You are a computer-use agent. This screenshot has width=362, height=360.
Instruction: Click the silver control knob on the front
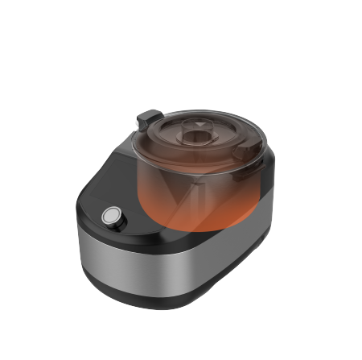coord(112,217)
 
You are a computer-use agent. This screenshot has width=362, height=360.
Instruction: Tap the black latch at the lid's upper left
coord(146,118)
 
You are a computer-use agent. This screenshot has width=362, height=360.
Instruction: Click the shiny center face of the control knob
coord(111,216)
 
